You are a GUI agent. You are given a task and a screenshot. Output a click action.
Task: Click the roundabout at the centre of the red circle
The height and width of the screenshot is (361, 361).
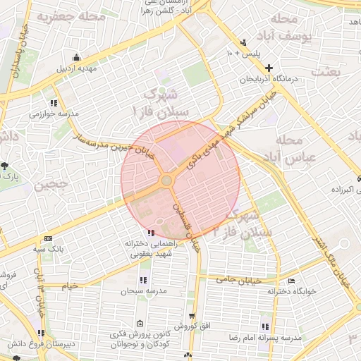pos(167,181)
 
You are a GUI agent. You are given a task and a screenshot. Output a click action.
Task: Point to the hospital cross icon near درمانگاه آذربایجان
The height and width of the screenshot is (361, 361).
pos(269,68)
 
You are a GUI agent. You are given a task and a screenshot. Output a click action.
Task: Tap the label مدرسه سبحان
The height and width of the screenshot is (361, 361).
pos(142,290)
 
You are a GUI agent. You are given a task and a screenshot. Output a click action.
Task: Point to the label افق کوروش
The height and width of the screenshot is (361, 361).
pos(191,326)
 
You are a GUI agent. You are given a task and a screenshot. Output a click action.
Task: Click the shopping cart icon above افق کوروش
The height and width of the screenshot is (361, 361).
pos(191,316)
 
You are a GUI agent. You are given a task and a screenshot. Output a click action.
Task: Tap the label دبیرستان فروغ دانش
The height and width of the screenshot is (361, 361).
pos(41,344)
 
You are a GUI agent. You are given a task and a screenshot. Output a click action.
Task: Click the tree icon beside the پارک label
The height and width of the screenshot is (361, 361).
pos(6,166)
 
